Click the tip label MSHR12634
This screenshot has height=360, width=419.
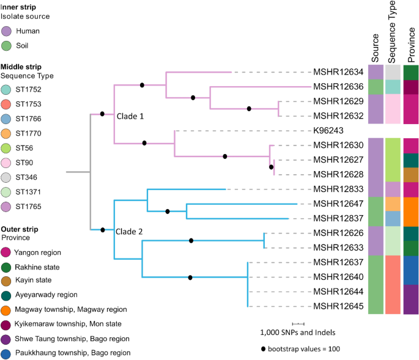[338, 72]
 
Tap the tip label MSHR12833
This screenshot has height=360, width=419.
[338, 189]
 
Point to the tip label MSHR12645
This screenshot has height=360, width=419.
[338, 306]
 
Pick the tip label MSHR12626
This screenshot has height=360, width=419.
[338, 233]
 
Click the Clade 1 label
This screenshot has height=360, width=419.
[130, 114]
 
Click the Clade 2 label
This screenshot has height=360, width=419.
[130, 231]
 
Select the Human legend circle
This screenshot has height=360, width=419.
[8, 31]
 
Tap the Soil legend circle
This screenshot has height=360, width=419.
[8, 45]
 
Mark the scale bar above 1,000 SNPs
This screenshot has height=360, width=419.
[298, 323]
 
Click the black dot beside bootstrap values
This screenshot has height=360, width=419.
[264, 349]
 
